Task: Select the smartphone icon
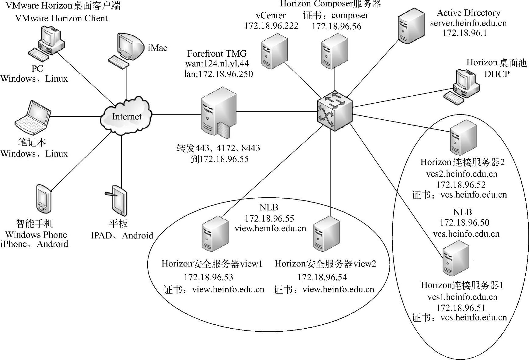click(43, 198)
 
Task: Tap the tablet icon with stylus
click(118, 200)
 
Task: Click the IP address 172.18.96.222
click(271, 26)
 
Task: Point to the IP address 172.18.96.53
click(208, 277)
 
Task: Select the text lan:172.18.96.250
click(218, 74)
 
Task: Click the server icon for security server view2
click(326, 234)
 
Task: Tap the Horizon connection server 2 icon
click(463, 137)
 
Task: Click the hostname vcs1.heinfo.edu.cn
click(462, 297)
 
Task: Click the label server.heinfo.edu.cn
click(468, 23)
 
